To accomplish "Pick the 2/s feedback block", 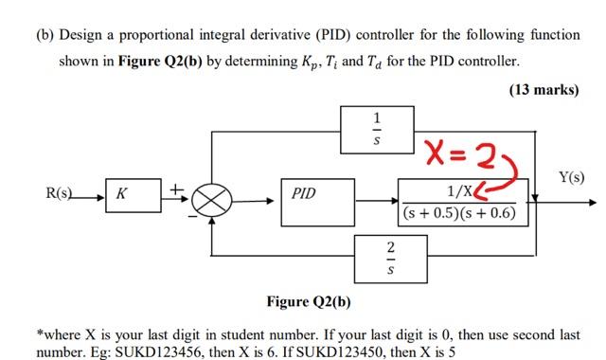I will pyautogui.click(x=378, y=257).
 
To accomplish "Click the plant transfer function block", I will pyautogui.click(x=459, y=203).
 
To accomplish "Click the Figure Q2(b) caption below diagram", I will pyautogui.click(x=309, y=302).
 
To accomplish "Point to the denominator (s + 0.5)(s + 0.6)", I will pyautogui.click(x=459, y=213).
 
